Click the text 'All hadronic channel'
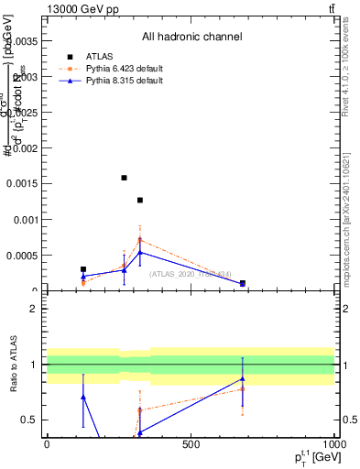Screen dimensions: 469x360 (x=191, y=38)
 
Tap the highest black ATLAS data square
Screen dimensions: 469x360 (x=124, y=178)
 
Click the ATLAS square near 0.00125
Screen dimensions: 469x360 (x=140, y=200)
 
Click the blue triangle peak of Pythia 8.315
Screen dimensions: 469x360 (x=140, y=252)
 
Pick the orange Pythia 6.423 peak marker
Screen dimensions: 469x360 (x=140, y=239)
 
